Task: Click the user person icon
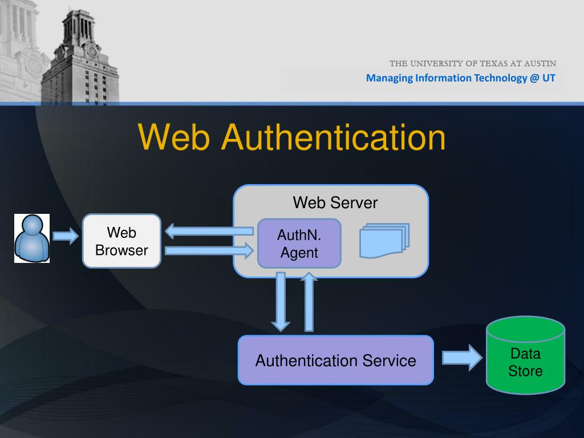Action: (32, 238)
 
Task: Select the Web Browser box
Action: (121, 241)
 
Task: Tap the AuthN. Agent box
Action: (299, 244)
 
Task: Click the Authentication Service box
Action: (335, 360)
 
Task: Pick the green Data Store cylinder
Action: (525, 357)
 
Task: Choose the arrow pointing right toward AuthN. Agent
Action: (209, 250)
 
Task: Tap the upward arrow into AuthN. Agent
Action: (309, 302)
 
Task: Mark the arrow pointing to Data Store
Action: (462, 358)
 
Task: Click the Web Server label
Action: (335, 202)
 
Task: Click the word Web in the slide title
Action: (175, 138)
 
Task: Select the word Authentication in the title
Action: (334, 138)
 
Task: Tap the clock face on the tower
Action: (92, 51)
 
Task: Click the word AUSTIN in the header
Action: (538, 63)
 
